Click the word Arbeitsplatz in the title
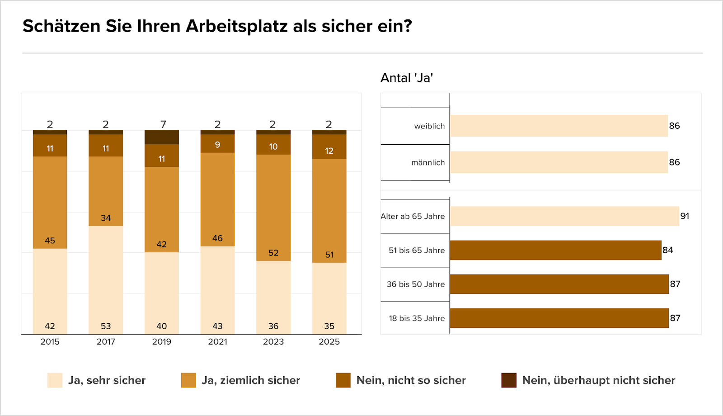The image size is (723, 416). (236, 26)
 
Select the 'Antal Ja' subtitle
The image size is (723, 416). (407, 78)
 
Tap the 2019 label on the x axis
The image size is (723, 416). (161, 342)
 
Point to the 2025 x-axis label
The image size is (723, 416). (329, 342)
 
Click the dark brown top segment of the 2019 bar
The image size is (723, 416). (161, 137)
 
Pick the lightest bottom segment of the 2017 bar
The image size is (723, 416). (106, 280)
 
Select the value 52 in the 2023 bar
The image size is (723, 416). (273, 253)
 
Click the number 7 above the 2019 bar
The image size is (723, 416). (163, 124)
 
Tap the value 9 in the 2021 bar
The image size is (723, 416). (217, 145)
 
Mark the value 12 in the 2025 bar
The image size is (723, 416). (329, 151)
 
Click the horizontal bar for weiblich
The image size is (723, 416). (559, 126)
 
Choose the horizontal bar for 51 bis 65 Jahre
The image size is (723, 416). (555, 250)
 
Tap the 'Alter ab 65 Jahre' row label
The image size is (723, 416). (413, 217)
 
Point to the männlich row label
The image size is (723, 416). (428, 163)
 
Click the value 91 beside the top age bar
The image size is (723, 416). (685, 216)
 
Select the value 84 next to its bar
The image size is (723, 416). (667, 250)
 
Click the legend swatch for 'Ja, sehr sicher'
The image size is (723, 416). (55, 380)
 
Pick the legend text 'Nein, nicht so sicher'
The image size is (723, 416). (411, 380)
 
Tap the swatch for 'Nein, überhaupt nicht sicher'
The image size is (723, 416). (509, 380)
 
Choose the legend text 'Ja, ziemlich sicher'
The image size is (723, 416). (251, 380)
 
